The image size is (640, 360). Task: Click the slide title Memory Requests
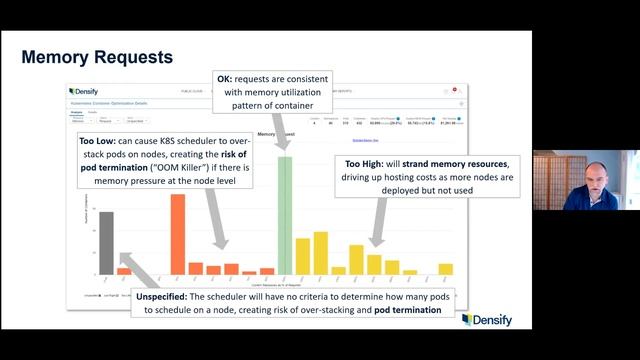click(x=97, y=58)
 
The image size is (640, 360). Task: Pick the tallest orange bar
click(x=178, y=234)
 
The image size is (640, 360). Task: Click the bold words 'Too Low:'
click(x=101, y=142)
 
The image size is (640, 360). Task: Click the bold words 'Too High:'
click(x=366, y=164)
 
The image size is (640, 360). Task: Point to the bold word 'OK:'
click(x=228, y=78)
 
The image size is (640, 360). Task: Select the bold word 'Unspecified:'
click(x=169, y=296)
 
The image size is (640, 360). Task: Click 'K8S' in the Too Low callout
click(x=167, y=142)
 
